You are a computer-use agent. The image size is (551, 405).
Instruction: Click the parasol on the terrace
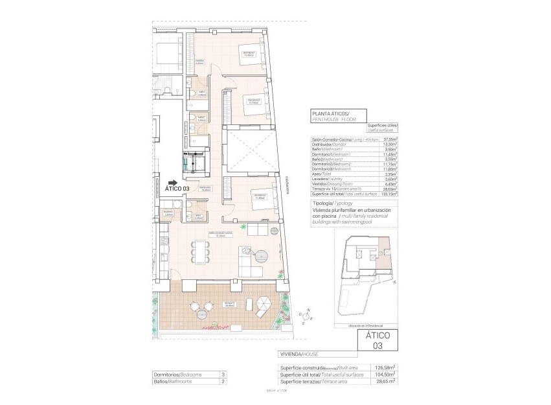pos(264,303)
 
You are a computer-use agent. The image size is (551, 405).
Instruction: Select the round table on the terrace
pos(202,313)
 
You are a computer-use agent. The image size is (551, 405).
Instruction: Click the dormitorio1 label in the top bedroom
pos(248,54)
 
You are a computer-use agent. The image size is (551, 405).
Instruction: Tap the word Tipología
pos(323,203)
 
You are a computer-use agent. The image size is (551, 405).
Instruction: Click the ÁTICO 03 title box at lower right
pos(379,340)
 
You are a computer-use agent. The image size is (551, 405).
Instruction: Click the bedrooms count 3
pos(223,375)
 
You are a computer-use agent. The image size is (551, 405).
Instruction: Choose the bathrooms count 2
pos(223,382)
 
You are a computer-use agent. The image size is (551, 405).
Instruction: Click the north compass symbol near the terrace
pos(305,316)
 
